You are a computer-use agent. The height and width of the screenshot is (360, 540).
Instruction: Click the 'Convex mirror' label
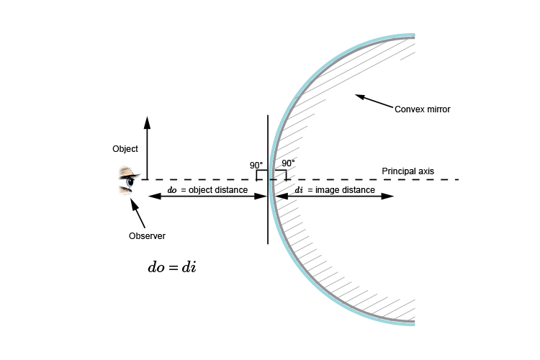coord(423,109)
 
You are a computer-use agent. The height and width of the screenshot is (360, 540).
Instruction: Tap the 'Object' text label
coord(125,149)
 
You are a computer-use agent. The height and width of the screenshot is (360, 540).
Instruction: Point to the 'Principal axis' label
coord(408,171)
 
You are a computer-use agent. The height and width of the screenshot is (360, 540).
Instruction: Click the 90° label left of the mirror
coord(256,165)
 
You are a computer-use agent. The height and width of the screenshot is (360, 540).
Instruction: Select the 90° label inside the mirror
coord(288,163)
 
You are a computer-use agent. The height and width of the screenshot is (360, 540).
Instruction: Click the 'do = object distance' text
coord(207,190)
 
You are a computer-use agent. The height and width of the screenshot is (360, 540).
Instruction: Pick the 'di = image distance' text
coord(335,190)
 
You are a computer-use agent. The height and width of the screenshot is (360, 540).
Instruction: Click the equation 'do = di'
coord(172,267)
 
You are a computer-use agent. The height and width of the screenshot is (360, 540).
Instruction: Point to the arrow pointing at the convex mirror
coord(374,102)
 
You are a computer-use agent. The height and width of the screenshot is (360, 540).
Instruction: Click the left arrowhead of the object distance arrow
coord(152,197)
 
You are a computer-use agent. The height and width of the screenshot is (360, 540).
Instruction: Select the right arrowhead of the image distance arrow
coord(390,197)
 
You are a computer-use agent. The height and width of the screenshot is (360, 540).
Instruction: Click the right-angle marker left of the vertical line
coord(260,174)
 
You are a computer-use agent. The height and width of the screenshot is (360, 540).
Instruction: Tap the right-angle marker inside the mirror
coord(282,174)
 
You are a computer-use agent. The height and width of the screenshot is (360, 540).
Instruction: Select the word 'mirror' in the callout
coord(437,109)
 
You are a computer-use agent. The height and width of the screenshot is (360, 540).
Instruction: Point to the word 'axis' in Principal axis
coord(426,171)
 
